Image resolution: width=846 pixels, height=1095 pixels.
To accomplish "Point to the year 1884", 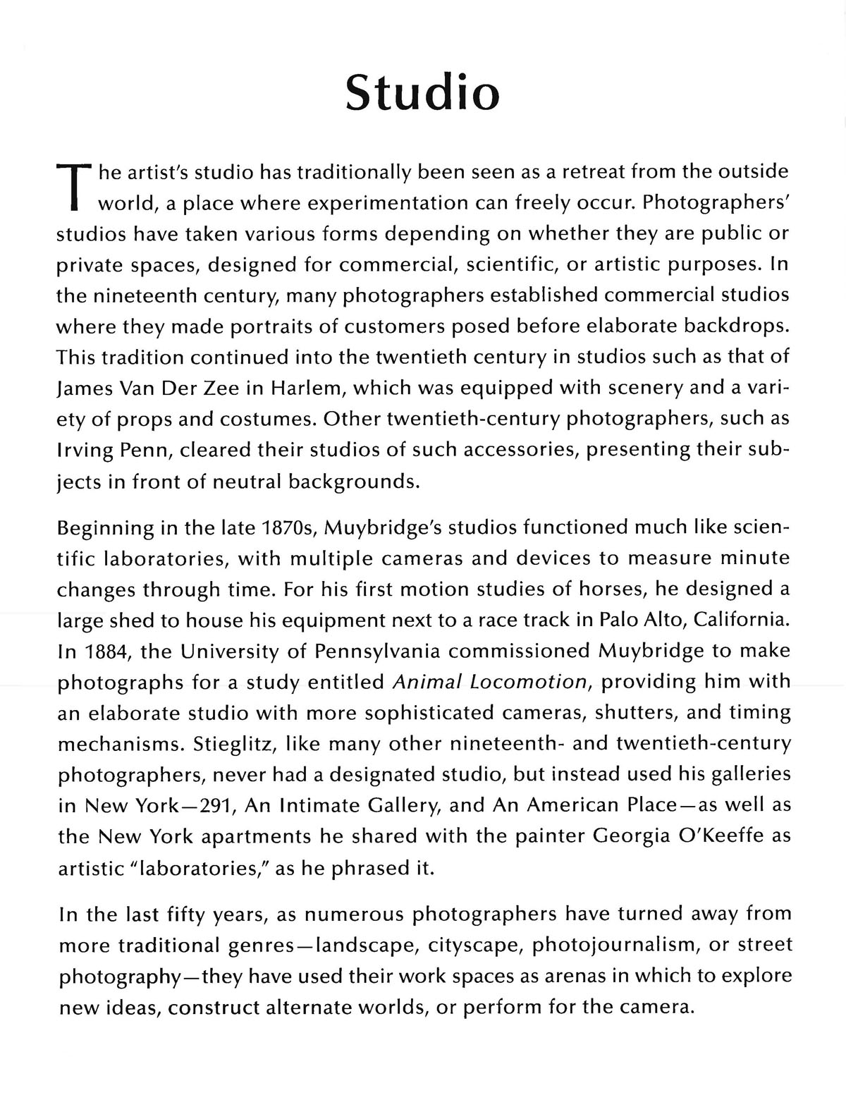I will pos(106,651).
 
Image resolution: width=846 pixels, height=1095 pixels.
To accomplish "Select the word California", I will pos(742,620).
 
